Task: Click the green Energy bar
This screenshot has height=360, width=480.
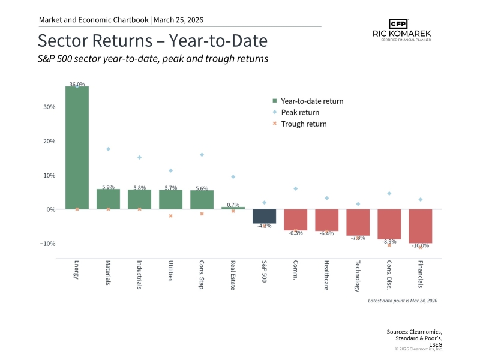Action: point(77,148)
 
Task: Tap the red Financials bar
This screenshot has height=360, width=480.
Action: point(420,226)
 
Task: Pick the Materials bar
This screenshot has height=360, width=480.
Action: point(108,199)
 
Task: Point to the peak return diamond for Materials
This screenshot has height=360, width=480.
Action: point(108,149)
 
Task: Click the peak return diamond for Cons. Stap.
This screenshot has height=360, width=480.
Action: point(202,155)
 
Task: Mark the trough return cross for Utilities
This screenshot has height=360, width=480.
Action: point(170,215)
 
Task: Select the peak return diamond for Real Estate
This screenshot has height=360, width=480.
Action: point(233,177)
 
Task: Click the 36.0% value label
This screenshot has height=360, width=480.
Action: point(77,85)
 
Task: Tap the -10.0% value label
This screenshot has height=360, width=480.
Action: point(420,245)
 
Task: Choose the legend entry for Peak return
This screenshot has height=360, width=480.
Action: point(300,112)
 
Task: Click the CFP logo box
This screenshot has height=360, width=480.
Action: point(397,24)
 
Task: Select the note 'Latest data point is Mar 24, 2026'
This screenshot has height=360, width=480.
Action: point(402,300)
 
